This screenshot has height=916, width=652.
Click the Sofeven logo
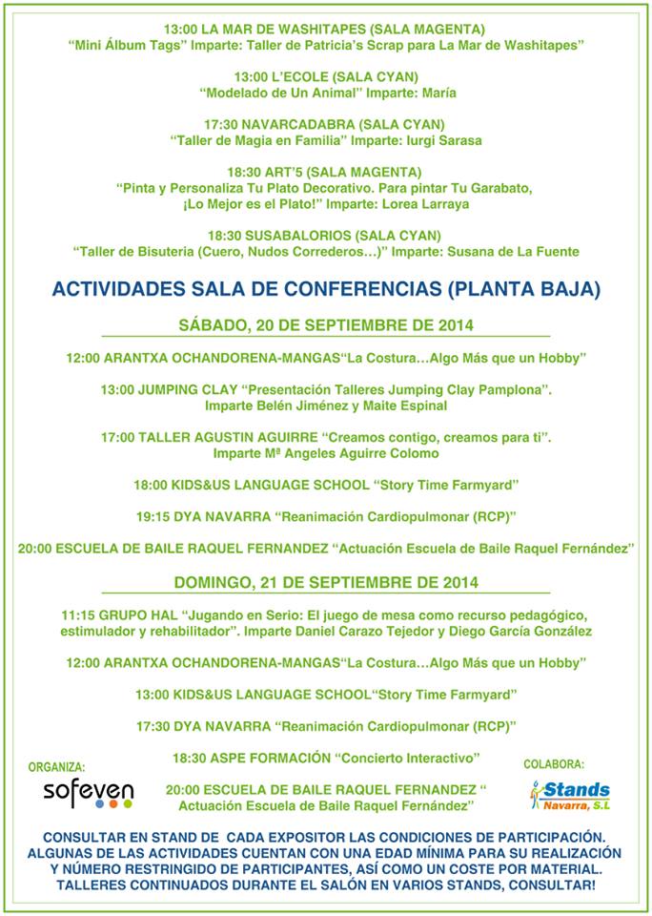[88, 793]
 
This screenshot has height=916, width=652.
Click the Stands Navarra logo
[570, 793]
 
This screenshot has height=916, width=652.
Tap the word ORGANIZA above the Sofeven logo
[56, 766]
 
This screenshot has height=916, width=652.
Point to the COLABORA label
[554, 763]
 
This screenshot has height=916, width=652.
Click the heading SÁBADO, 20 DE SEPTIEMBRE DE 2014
[326, 325]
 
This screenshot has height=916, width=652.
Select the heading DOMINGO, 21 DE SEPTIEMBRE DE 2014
[326, 581]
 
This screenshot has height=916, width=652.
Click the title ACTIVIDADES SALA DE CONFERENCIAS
[326, 289]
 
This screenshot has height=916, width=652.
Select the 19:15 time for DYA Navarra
[153, 516]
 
